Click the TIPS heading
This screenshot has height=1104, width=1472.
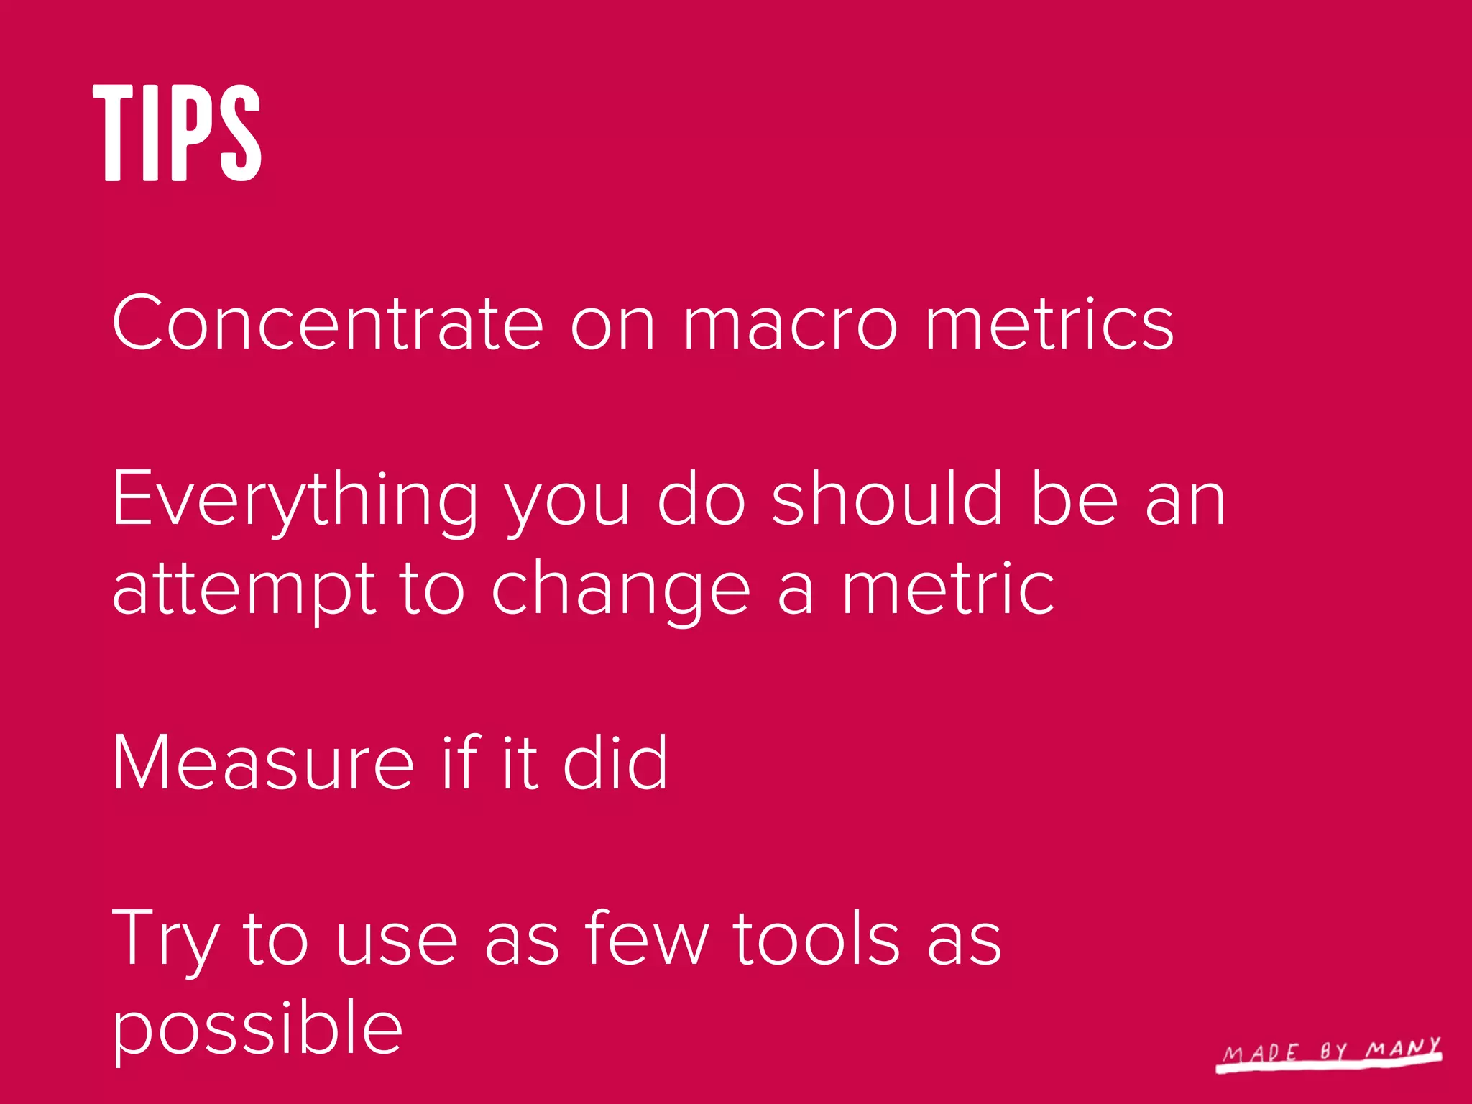coord(177,132)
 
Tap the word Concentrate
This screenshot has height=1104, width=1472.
coord(327,323)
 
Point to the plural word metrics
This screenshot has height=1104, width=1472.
coord(1049,323)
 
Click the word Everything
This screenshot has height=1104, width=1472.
coord(295,500)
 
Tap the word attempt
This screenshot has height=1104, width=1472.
coord(244,589)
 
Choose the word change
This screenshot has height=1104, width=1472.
coord(621,589)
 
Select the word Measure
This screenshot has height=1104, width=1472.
coord(263,763)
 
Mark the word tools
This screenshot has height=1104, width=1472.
coord(816,938)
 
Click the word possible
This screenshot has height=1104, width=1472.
coord(257,1028)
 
